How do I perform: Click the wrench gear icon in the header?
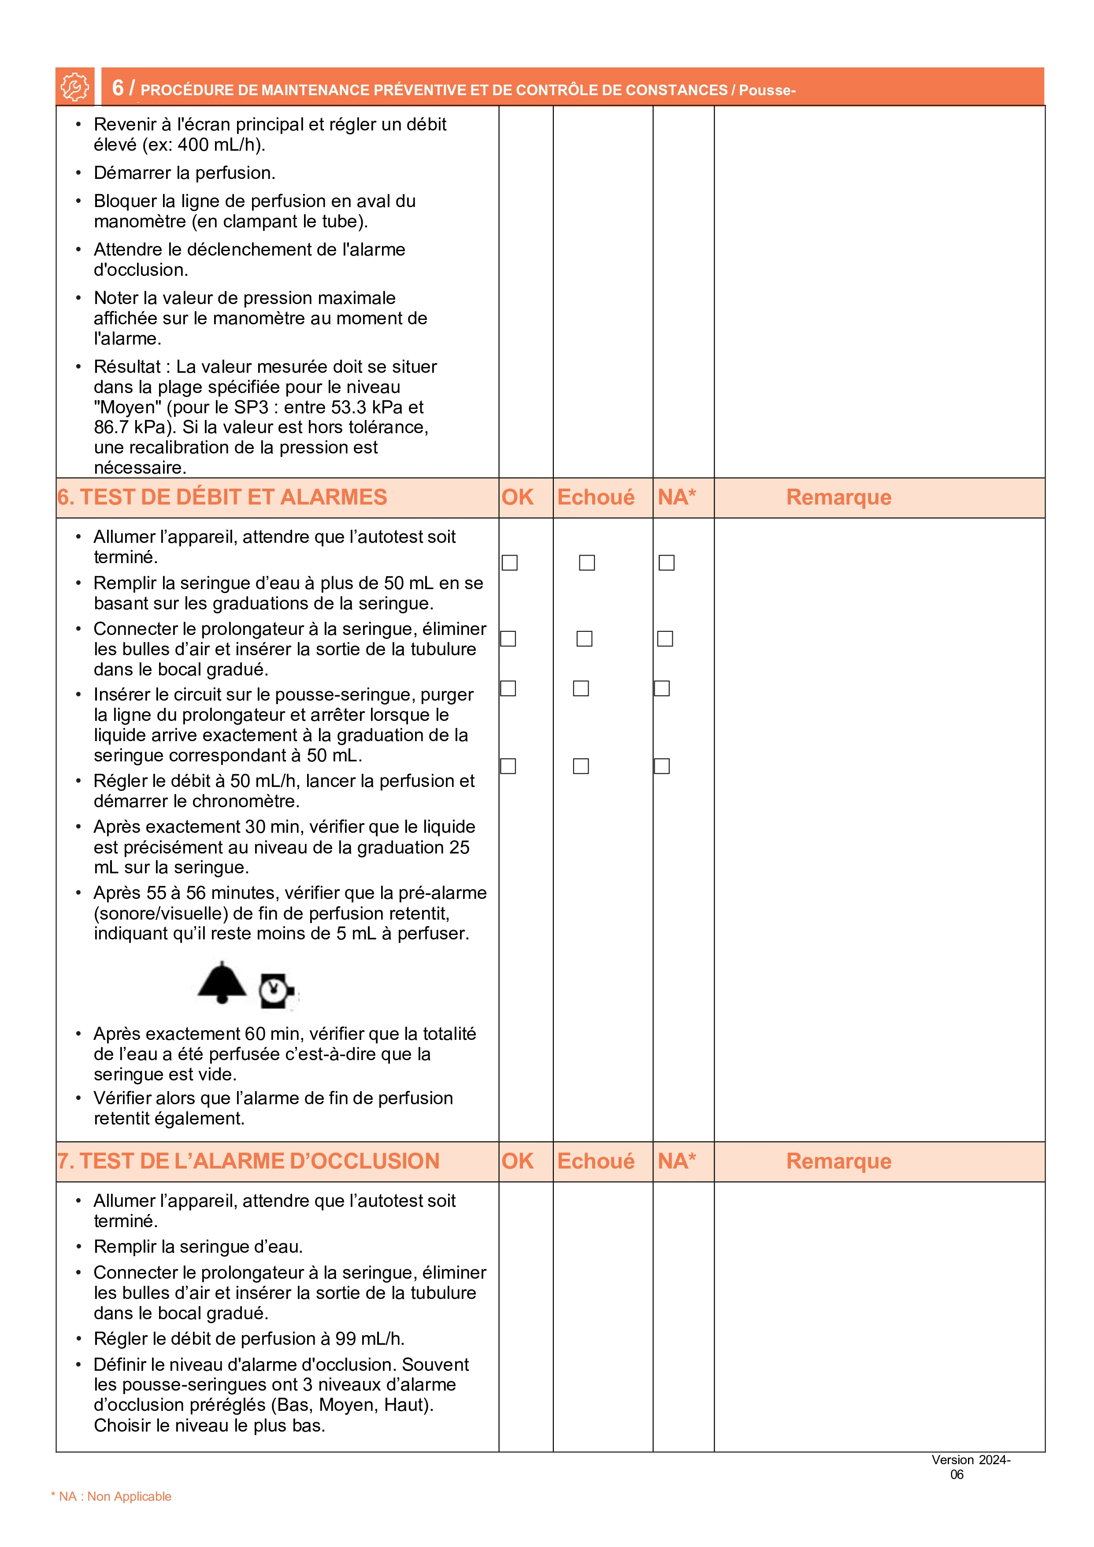pos(74,87)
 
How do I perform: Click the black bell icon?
pos(222,983)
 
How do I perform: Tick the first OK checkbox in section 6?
pos(510,563)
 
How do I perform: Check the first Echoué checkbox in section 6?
pos(587,563)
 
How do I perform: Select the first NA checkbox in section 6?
pos(666,563)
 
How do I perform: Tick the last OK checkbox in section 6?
pos(508,766)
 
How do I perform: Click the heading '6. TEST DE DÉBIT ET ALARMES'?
pos(223,497)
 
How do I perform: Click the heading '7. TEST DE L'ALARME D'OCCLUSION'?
pos(248,1161)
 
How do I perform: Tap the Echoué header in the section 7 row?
pos(596,1161)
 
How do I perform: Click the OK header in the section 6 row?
pos(517,497)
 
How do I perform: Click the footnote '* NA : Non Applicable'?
pos(111,1496)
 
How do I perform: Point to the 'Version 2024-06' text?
pos(970,1467)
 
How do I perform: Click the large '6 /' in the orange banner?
pos(122,88)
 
